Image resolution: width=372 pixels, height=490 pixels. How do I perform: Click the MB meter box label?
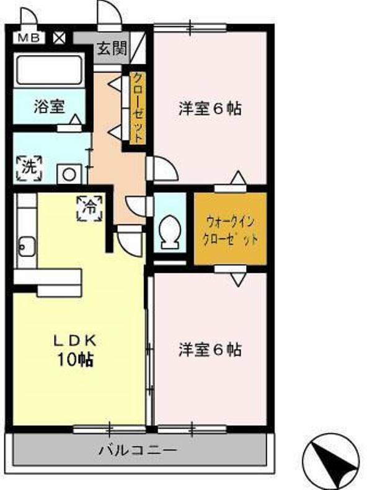tap(29, 38)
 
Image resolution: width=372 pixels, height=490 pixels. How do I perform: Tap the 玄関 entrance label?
tap(112, 49)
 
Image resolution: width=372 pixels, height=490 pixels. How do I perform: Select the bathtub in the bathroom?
tap(50, 70)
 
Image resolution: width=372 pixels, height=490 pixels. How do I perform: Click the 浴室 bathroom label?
tap(50, 106)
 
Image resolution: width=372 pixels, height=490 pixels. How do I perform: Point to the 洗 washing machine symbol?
tap(29, 168)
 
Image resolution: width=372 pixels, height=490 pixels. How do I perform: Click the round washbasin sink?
tap(69, 174)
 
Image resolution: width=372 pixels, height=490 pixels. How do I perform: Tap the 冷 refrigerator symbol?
tap(90, 208)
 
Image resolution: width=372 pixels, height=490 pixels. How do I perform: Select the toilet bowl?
tap(170, 232)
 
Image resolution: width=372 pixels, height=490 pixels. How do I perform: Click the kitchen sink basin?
tap(27, 247)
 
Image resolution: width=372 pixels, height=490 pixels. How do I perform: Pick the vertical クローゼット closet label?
tap(138, 108)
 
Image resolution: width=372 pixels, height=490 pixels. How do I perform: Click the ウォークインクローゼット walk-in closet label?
tap(230, 230)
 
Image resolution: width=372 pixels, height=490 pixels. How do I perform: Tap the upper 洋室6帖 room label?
tap(210, 109)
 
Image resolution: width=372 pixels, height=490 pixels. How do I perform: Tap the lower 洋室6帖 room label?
tap(210, 350)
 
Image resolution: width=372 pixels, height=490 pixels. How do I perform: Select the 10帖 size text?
tap(74, 359)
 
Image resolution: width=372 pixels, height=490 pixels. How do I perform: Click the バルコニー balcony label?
tap(138, 450)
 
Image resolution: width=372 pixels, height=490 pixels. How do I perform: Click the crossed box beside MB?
tap(59, 38)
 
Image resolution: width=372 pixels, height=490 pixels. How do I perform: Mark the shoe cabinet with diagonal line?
tap(138, 48)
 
